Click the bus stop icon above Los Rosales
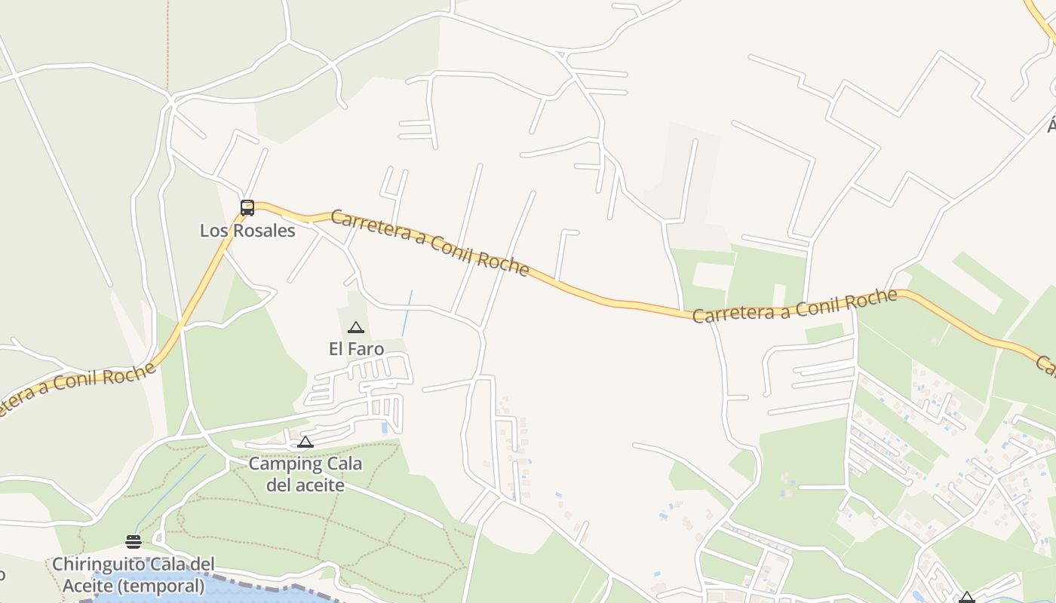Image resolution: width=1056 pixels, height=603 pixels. (x=247, y=208)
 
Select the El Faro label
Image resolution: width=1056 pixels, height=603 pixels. (x=356, y=349)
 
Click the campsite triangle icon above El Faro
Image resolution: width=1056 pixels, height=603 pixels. (x=356, y=328)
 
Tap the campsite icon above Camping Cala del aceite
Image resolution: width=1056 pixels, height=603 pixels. (x=305, y=442)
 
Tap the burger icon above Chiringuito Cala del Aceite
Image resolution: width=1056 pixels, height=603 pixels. (x=134, y=541)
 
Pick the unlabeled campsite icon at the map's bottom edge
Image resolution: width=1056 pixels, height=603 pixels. (x=966, y=598)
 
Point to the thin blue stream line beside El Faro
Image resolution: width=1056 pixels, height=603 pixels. (x=407, y=313)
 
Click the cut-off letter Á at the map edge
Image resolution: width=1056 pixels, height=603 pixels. (x=1051, y=125)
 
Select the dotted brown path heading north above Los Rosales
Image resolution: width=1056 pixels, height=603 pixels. (x=167, y=45)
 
